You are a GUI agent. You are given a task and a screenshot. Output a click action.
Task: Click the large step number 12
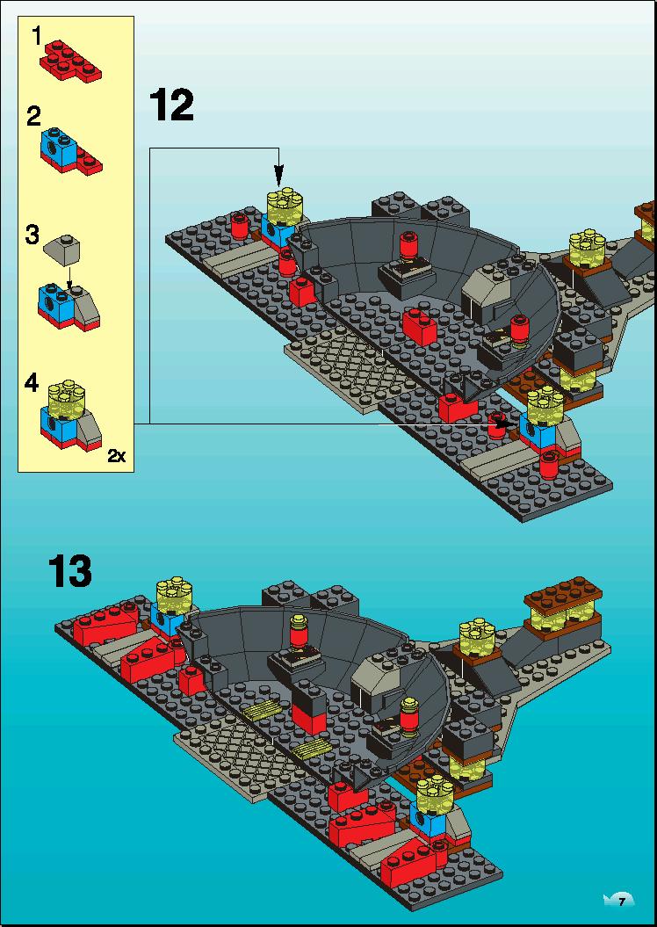[x=171, y=105]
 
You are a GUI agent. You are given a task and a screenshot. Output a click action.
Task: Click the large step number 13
[x=70, y=571]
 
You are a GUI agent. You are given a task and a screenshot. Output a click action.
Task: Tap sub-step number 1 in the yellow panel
[x=37, y=37]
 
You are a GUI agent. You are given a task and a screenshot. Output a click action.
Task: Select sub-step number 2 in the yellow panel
[x=33, y=117]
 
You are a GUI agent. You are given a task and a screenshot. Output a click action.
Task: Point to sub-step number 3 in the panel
[x=32, y=235]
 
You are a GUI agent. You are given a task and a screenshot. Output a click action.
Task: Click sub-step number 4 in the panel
[x=32, y=384]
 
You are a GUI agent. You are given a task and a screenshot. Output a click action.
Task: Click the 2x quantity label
[x=117, y=456]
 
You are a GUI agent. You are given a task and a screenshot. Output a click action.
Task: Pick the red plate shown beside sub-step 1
[x=70, y=59]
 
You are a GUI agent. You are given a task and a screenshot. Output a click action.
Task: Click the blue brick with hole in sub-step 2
[x=58, y=143]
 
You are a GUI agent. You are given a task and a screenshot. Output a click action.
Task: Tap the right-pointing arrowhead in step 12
[x=503, y=424]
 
